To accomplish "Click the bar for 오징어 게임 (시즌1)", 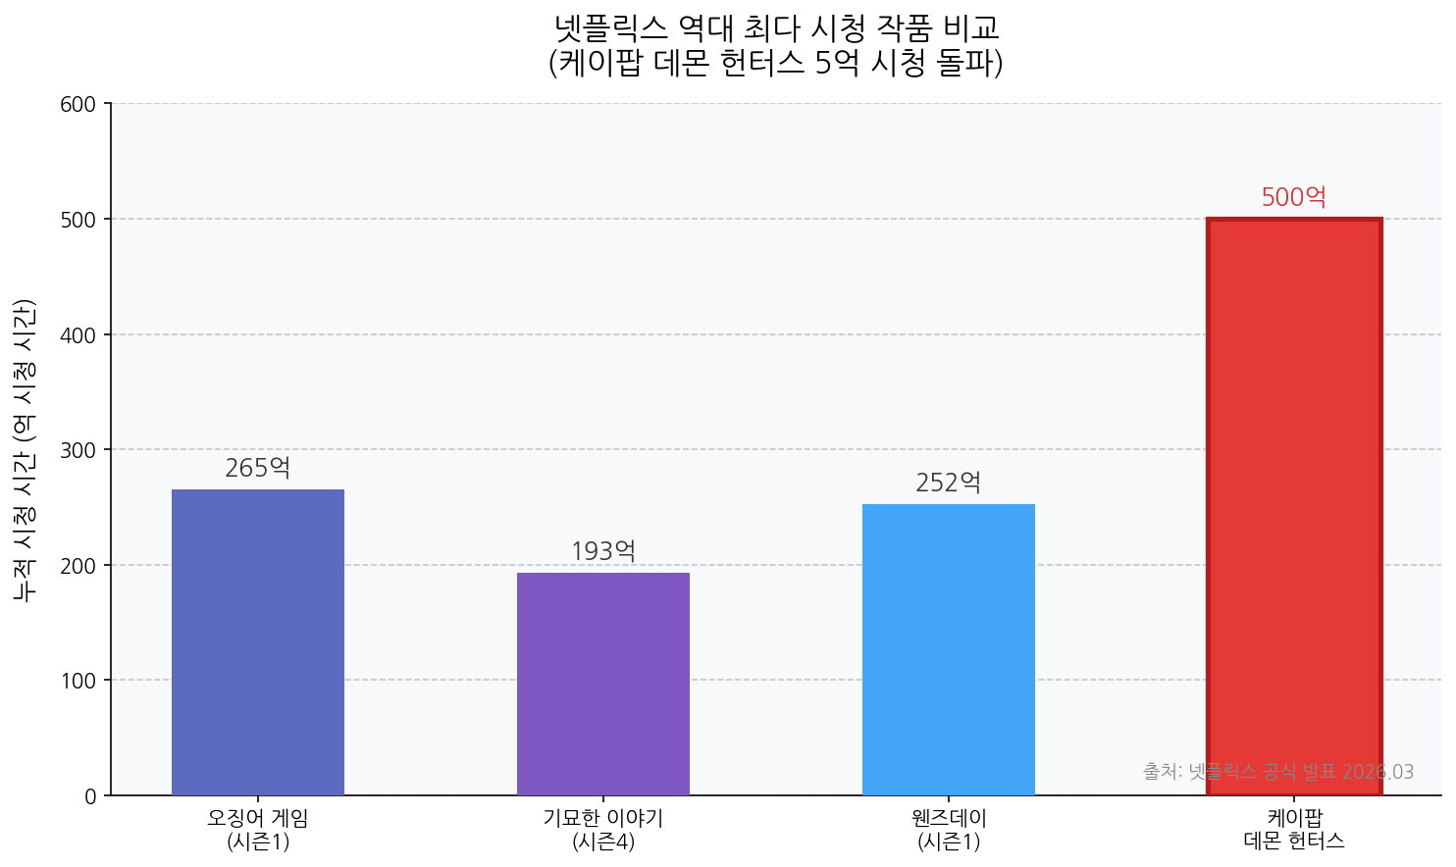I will [x=258, y=641].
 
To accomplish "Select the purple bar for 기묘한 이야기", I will [x=603, y=684].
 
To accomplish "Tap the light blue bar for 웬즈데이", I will [x=949, y=649].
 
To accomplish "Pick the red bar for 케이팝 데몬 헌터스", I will [x=1294, y=506].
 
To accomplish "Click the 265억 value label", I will [x=258, y=469].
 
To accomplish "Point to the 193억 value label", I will [x=603, y=552].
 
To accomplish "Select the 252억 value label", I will [x=949, y=484].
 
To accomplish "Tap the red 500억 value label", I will [x=1294, y=198].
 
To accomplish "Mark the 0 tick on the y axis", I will [x=91, y=796].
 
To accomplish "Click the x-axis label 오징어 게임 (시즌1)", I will [x=258, y=829].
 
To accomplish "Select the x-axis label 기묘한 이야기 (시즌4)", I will [x=603, y=829].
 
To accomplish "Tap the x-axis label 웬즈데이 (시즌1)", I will [x=949, y=829].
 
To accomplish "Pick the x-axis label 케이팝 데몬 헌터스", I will [x=1294, y=829].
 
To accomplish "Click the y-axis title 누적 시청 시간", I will [x=25, y=449].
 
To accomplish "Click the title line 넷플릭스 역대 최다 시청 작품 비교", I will [x=776, y=26].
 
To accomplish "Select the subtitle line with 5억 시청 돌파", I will [x=776, y=63].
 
